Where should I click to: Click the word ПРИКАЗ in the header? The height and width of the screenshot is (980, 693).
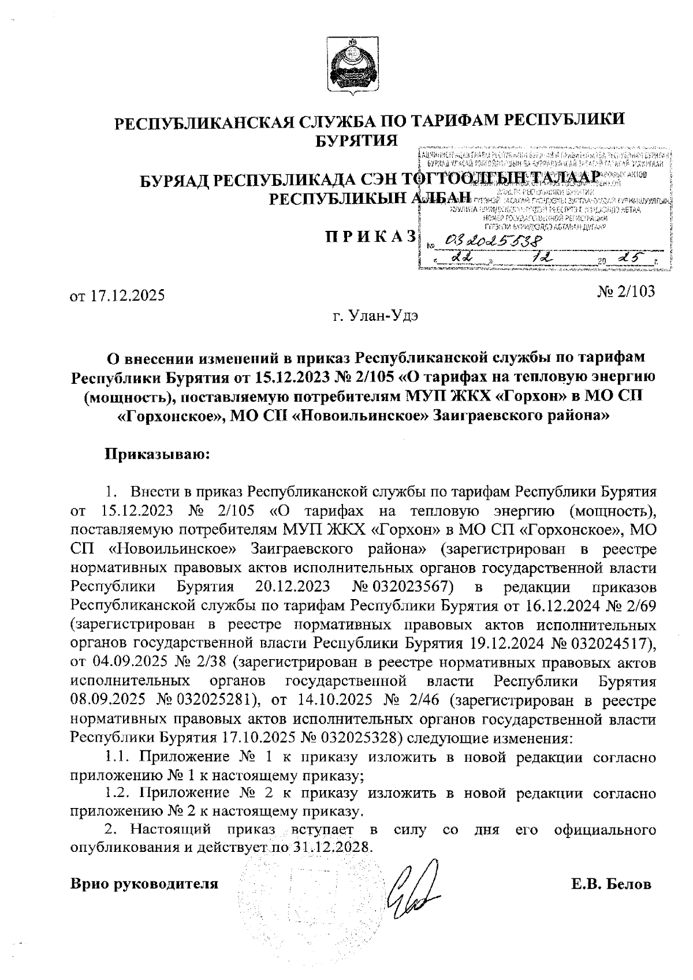click(x=370, y=236)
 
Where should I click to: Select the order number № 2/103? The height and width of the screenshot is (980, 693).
click(x=627, y=291)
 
